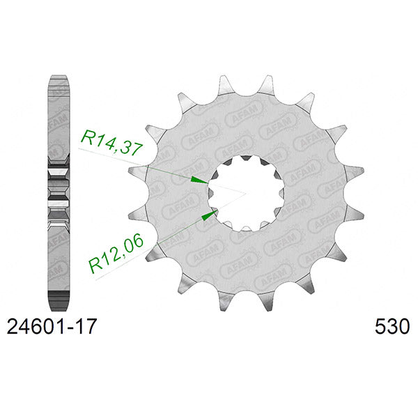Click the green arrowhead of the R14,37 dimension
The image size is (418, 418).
[200, 179]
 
